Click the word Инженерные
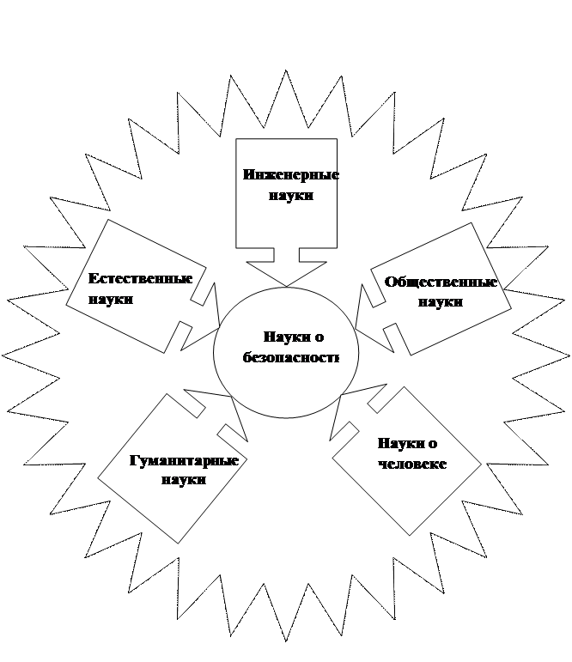(x=290, y=175)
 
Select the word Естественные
(x=140, y=279)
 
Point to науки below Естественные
(x=111, y=300)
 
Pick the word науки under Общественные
(x=441, y=302)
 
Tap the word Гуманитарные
(x=184, y=460)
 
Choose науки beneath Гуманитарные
(x=184, y=480)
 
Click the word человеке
(x=412, y=464)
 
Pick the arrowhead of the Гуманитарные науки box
(x=233, y=400)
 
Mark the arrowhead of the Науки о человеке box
(x=343, y=397)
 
